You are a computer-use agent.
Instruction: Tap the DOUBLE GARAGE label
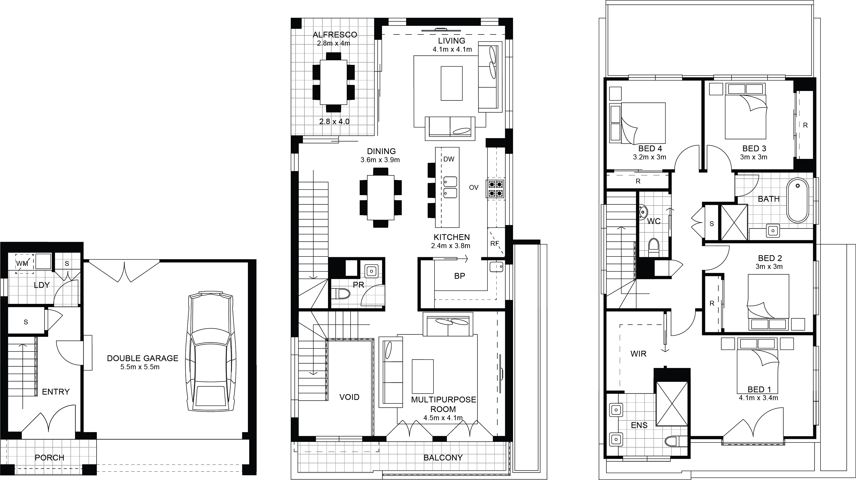click(142, 358)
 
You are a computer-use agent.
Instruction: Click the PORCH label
click(49, 457)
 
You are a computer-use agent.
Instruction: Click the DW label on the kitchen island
click(449, 159)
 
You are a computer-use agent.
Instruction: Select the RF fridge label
click(495, 244)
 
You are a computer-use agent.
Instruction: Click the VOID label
click(349, 397)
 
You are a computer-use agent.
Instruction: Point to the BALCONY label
click(443, 457)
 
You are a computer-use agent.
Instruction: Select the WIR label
click(638, 354)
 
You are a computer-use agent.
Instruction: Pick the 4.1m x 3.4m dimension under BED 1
click(758, 398)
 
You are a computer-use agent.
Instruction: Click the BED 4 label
click(650, 149)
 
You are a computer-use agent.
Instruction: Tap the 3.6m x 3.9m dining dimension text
click(380, 160)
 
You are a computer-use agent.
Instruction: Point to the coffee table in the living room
click(452, 83)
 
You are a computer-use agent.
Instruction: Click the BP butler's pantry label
click(460, 276)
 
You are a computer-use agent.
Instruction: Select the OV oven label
click(473, 187)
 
